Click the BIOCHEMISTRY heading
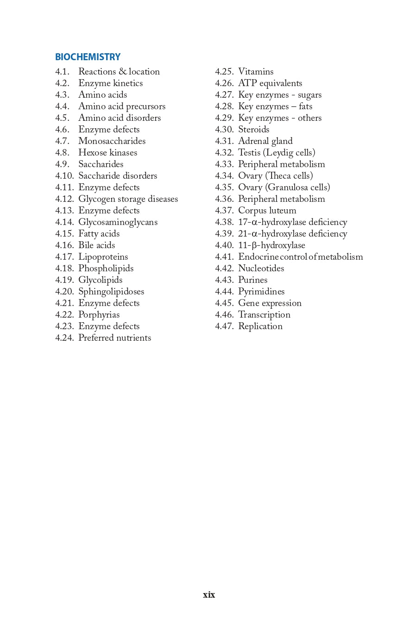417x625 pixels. tap(88, 57)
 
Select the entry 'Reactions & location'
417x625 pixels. tap(119, 72)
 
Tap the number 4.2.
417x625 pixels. tap(62, 83)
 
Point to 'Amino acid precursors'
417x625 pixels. tap(122, 106)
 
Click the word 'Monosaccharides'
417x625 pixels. tap(112, 141)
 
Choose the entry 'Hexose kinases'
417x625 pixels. tap(107, 153)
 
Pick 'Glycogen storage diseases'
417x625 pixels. tap(128, 199)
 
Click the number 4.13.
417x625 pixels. tap(64, 211)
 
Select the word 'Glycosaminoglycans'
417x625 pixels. tap(118, 222)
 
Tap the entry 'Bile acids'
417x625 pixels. tap(96, 245)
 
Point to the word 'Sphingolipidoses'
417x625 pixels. tap(111, 292)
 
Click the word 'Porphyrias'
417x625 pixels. tap(99, 315)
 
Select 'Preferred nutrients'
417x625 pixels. tap(114, 338)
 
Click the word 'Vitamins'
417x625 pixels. tap(256, 72)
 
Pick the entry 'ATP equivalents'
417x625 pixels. tap(270, 83)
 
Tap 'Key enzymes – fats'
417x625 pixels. tap(275, 106)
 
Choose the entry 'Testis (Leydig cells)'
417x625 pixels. tap(277, 153)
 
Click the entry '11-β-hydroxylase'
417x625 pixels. tap(272, 245)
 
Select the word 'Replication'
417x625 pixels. tap(260, 326)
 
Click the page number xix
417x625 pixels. tap(209, 595)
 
